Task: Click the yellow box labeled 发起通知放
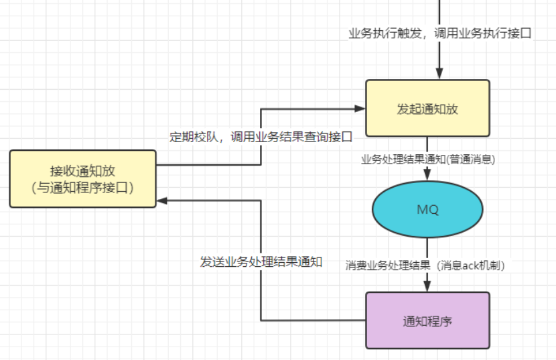point(427,109)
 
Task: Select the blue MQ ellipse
point(427,209)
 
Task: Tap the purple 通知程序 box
point(427,320)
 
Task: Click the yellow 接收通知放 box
point(82,178)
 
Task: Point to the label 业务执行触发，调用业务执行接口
point(440,33)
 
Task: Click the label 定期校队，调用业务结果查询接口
point(261,137)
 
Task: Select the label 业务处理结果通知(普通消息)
point(428,160)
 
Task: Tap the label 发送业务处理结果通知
point(261,262)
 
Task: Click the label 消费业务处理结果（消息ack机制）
point(425,265)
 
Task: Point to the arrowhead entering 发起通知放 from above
point(439,74)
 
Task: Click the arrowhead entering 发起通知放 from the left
point(360,109)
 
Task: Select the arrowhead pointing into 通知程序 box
point(427,286)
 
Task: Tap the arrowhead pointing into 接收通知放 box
point(162,200)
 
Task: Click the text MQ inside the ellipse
point(427,210)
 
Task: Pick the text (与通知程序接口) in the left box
point(82,188)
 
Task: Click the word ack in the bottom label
point(470,265)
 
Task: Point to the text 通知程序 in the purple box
point(427,321)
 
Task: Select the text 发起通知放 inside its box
point(427,109)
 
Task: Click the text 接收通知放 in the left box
point(82,171)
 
